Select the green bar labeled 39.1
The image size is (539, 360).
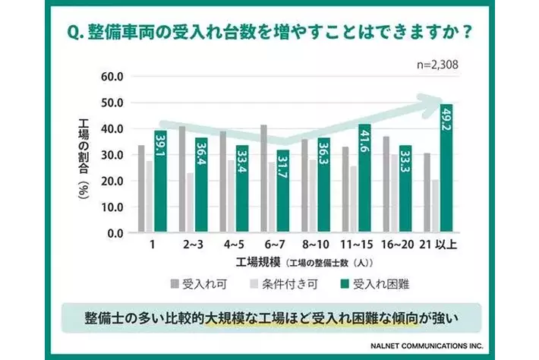pos(160,182)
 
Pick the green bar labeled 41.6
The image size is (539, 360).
pos(365,178)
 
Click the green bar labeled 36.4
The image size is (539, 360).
pos(201,185)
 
